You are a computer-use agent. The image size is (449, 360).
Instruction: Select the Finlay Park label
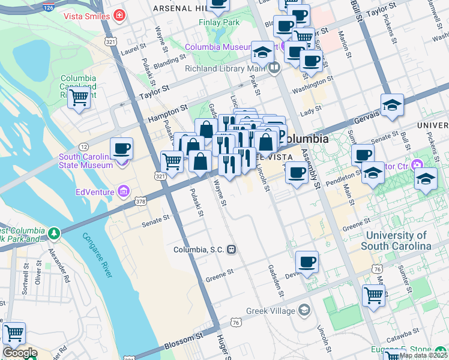coord(218,23)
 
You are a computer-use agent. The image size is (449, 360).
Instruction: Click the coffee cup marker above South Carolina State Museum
coord(121,148)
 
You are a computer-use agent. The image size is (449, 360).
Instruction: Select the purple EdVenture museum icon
coord(124,192)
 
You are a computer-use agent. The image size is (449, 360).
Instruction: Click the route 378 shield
coord(140,202)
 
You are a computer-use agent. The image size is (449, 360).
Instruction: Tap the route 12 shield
coord(83,147)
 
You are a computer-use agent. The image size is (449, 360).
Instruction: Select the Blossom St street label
coord(182,340)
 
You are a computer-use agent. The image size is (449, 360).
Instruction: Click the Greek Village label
coord(270,311)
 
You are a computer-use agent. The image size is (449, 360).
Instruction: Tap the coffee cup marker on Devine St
coord(307,262)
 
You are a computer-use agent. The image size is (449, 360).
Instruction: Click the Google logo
coord(19,353)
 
